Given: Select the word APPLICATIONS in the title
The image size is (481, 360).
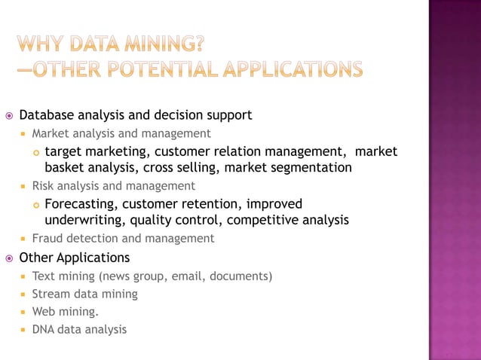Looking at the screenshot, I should (295, 69).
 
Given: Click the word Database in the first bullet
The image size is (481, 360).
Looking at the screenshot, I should (46, 115).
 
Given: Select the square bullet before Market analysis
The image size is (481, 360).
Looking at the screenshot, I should (24, 134).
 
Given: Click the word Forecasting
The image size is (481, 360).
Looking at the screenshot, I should (79, 204).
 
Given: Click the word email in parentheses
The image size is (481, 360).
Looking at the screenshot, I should (187, 276).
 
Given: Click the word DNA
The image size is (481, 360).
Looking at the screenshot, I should (44, 329).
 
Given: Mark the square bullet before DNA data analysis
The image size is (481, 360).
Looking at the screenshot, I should (24, 330).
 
